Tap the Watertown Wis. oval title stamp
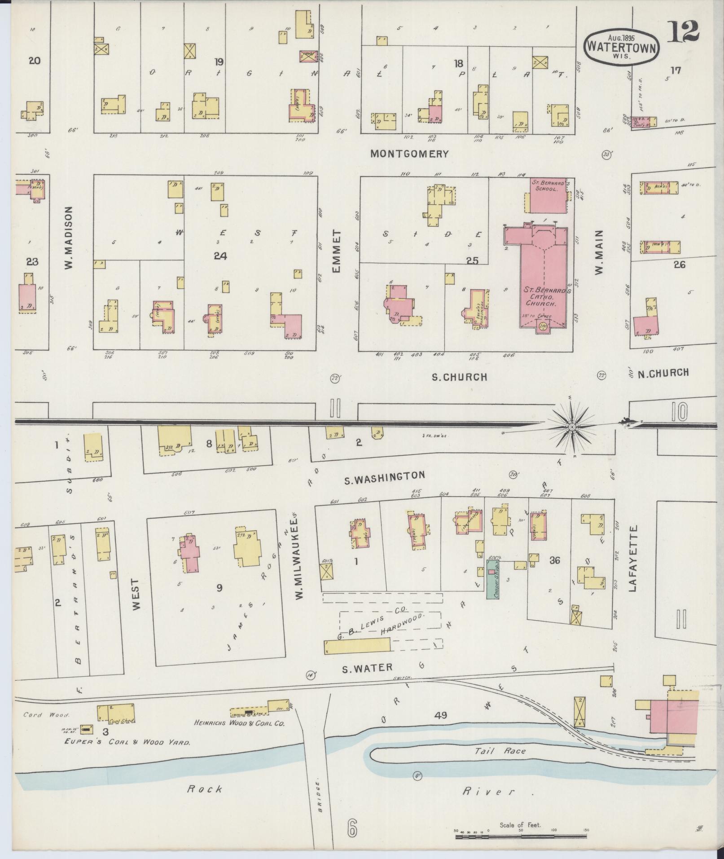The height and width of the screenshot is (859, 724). click(622, 46)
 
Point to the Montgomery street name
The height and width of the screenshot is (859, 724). click(409, 154)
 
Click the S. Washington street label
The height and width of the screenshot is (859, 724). click(384, 477)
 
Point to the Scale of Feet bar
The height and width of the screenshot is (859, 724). click(521, 837)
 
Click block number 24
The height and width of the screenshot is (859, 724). click(220, 256)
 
